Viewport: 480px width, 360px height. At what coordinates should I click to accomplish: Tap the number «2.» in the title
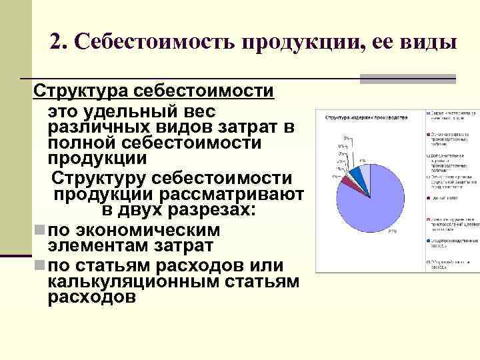(58, 42)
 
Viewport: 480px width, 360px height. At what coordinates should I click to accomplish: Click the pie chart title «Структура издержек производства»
(366, 117)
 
